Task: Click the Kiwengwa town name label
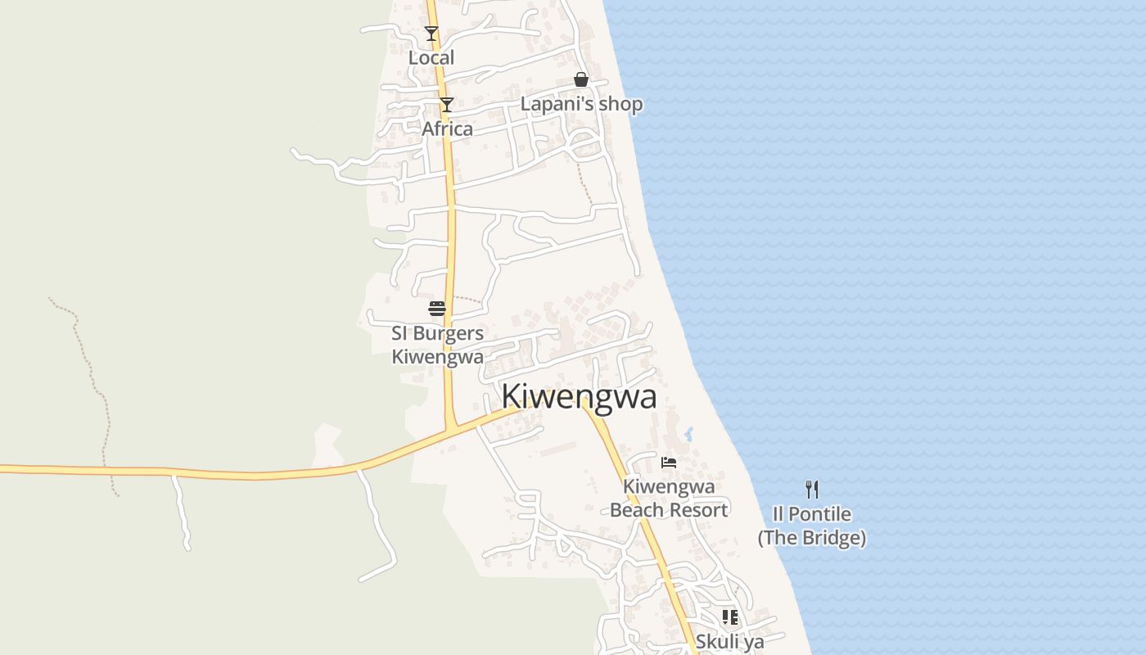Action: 579,396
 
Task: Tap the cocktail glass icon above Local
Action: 431,34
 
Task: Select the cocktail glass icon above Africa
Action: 446,104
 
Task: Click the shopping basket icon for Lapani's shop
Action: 581,79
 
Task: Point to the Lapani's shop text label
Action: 581,104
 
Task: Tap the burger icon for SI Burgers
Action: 437,309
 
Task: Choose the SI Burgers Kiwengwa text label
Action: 437,345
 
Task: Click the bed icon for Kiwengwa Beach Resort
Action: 669,462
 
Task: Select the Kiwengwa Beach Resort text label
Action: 669,498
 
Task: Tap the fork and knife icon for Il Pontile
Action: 812,490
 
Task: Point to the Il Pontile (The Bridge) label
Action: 812,526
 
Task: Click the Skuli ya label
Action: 730,641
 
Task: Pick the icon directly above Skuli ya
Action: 730,617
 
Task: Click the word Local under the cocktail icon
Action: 431,58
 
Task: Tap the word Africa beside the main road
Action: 447,129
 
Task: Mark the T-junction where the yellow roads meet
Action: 450,428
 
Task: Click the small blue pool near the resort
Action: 688,434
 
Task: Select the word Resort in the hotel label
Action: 695,510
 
